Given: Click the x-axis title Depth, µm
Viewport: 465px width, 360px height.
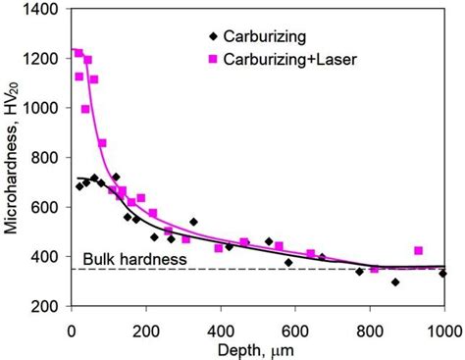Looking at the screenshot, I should pos(259,347).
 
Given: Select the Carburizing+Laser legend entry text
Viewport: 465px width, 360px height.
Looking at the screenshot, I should pos(290,60).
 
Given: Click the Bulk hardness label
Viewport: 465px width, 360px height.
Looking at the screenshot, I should pos(121,259).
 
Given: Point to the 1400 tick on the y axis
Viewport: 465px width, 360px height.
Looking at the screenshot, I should pos(45,9).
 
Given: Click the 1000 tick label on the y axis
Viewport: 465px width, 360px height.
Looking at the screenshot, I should pos(45,108).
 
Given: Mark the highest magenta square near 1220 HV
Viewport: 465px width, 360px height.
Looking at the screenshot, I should pos(79,53).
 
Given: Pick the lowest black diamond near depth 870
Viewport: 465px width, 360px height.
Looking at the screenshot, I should pos(395,283).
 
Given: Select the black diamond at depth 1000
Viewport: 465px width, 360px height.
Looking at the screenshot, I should pos(443,274).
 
